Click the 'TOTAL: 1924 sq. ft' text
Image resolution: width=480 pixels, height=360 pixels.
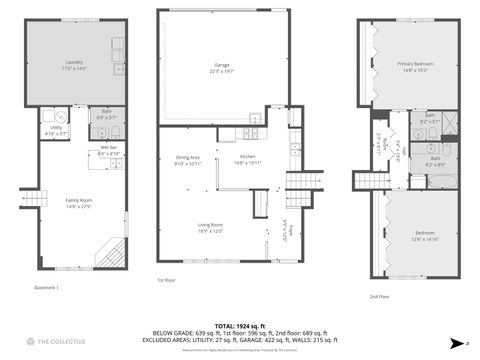tap(239, 326)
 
